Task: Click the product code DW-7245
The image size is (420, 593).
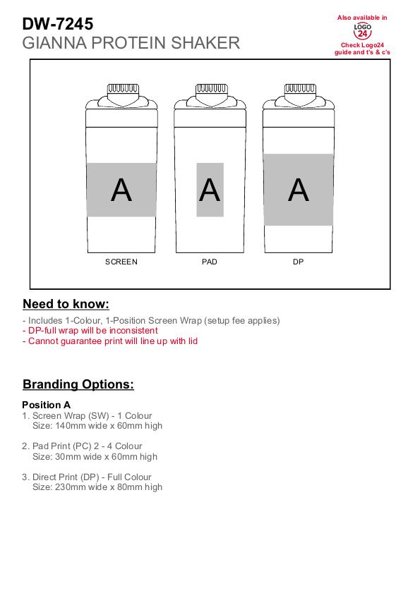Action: point(58,24)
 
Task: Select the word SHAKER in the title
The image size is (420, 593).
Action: point(205,43)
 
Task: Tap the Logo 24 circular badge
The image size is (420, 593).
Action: point(362,32)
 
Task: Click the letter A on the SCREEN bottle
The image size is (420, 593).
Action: point(121,190)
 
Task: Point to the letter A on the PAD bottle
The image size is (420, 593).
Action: point(210,190)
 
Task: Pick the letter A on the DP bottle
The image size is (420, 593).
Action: point(299,190)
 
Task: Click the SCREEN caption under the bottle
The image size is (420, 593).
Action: point(121,262)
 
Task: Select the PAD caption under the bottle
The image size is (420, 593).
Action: point(210,262)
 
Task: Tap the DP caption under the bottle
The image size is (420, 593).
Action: point(299,262)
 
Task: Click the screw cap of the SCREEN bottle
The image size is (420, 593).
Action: point(123,89)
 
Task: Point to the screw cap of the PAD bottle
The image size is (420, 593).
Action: point(211,89)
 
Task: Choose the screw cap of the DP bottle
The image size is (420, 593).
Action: point(300,89)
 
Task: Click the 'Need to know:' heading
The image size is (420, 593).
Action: point(66,304)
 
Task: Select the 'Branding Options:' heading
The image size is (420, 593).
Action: point(78,384)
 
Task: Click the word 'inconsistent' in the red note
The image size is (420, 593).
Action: point(133,331)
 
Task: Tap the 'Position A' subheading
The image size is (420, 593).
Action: point(46,405)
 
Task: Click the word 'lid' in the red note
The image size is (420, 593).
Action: point(193,341)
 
